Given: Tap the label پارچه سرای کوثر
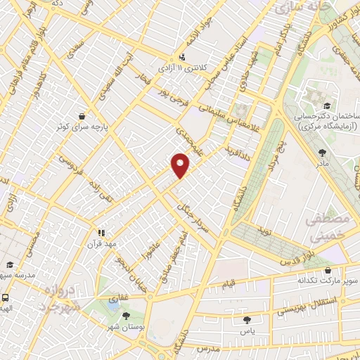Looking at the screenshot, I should coord(84,129).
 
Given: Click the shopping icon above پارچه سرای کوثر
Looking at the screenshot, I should coord(83,117).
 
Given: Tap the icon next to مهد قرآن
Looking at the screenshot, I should coord(102,233).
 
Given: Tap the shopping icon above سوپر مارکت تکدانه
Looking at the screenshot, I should coord(328,269).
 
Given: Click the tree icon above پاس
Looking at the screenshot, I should coord(235,321).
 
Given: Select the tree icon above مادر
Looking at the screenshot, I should coord(323,152).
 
